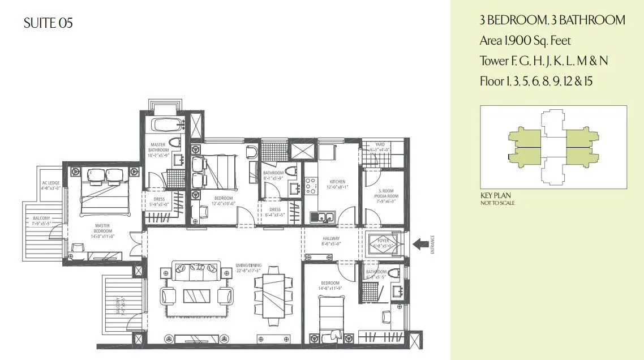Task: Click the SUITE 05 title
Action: (49, 23)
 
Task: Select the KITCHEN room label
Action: (337, 182)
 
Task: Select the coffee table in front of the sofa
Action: (196, 295)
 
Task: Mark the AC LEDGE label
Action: (50, 183)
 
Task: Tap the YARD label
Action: (380, 144)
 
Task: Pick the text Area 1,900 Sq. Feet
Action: (525, 40)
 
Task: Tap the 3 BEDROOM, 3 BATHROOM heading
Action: (552, 20)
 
